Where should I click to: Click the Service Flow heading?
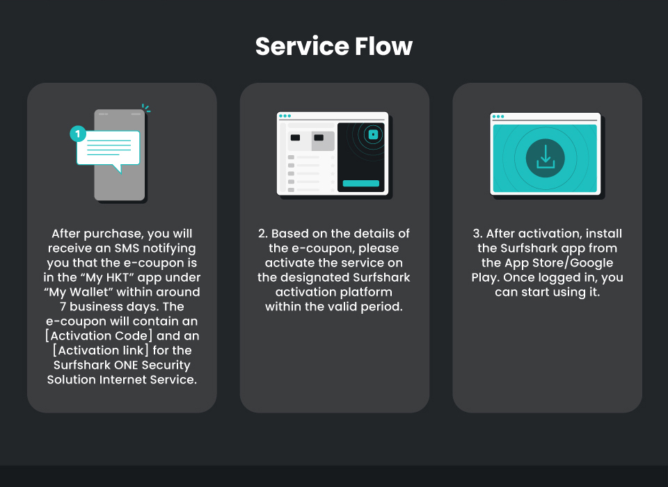pyautogui.click(x=333, y=46)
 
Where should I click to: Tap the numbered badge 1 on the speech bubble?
pyautogui.click(x=78, y=134)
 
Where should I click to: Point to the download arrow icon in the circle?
pyautogui.click(x=546, y=157)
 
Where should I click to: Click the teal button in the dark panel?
pyautogui.click(x=361, y=183)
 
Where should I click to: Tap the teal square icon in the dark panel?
pyautogui.click(x=373, y=135)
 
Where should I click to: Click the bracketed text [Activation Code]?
pyautogui.click(x=99, y=336)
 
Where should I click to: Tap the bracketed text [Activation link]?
pyautogui.click(x=100, y=350)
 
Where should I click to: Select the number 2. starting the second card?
pyautogui.click(x=263, y=234)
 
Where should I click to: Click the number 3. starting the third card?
pyautogui.click(x=477, y=234)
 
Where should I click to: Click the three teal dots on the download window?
pyautogui.click(x=498, y=116)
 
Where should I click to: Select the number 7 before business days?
pyautogui.click(x=63, y=307)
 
